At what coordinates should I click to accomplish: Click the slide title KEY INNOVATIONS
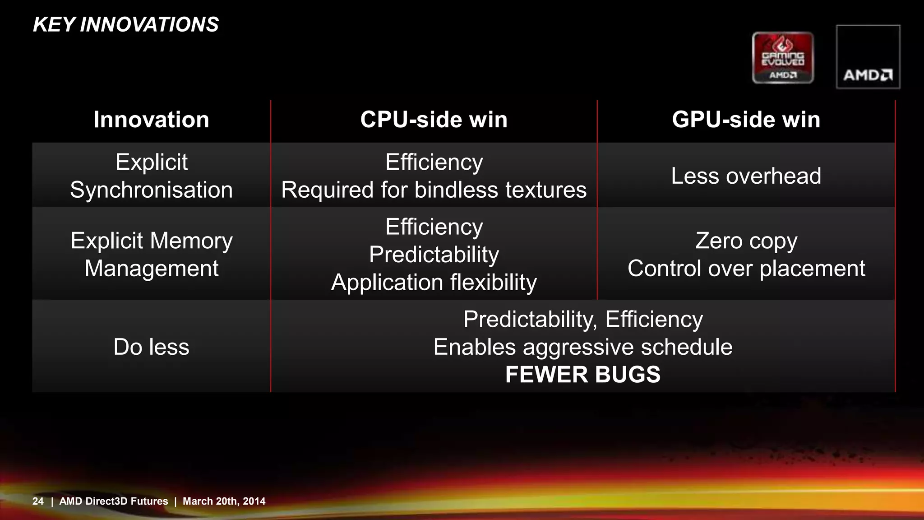point(126,24)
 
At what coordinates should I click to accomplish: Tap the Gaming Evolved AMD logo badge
point(783,58)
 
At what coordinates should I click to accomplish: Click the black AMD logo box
point(868,57)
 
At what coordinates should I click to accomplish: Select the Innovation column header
point(151,120)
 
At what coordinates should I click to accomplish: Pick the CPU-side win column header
point(434,120)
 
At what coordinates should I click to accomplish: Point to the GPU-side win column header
point(746,120)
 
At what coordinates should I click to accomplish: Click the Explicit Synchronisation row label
point(151,176)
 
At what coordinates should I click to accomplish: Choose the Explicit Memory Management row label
point(151,254)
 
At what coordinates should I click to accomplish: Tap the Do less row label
point(151,347)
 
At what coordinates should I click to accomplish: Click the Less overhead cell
point(746,176)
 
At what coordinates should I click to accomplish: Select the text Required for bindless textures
point(434,190)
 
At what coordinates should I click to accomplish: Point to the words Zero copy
point(746,240)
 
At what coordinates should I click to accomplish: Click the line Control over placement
point(746,268)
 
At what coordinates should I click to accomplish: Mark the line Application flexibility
point(434,282)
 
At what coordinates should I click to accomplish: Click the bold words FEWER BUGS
point(582,374)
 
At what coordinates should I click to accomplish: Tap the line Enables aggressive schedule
point(582,347)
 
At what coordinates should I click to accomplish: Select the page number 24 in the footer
point(38,501)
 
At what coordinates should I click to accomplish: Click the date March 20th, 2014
point(224,501)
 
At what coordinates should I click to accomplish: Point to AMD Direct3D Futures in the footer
point(114,501)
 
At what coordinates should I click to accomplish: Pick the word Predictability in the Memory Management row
point(434,254)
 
